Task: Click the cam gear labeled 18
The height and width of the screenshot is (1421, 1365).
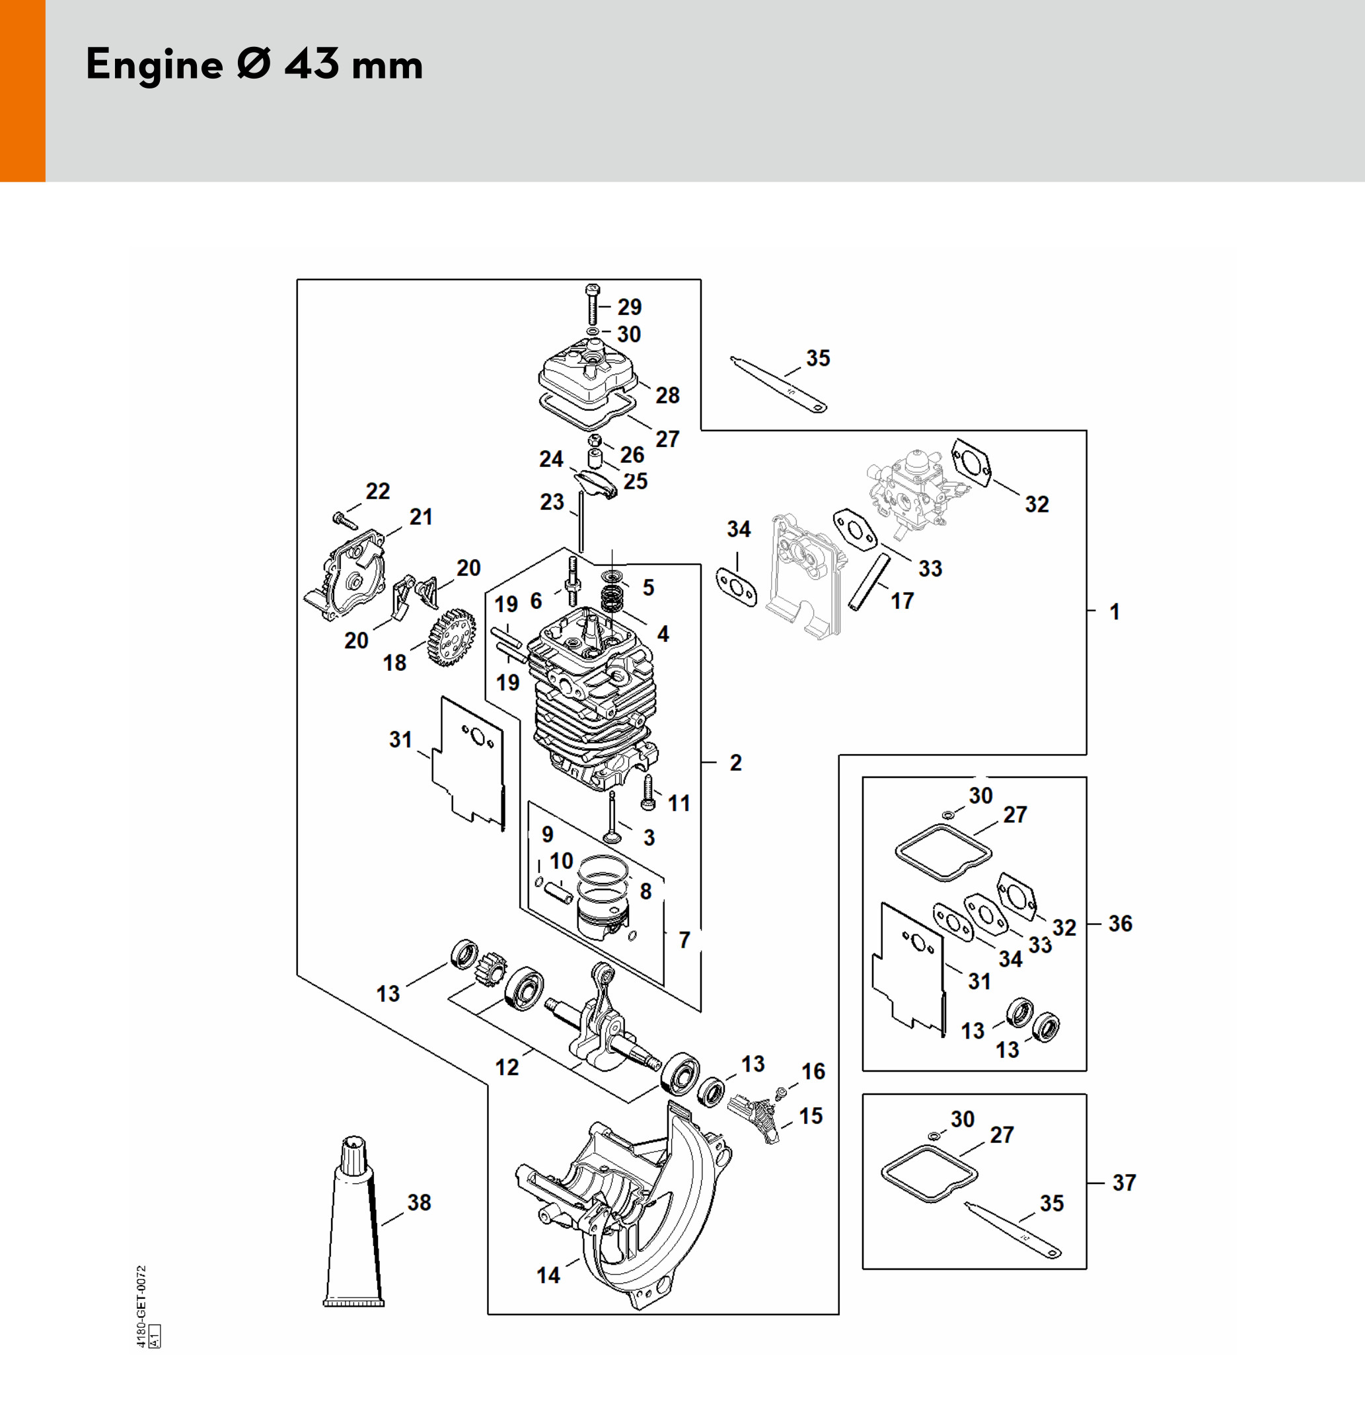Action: (451, 637)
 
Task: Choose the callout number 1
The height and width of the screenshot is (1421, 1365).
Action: (1115, 612)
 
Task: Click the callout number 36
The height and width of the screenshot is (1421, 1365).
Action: (1120, 924)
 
